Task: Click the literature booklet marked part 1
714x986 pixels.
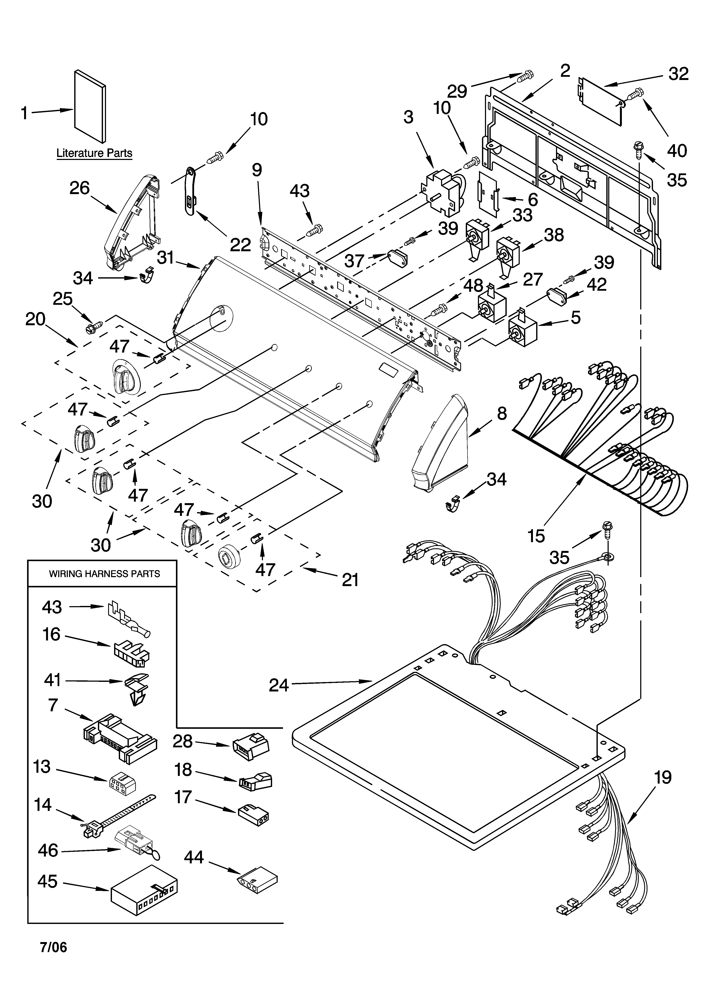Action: coord(90,106)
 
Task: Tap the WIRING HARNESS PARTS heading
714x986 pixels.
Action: coord(104,574)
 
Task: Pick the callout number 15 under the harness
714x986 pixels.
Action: coord(537,536)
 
